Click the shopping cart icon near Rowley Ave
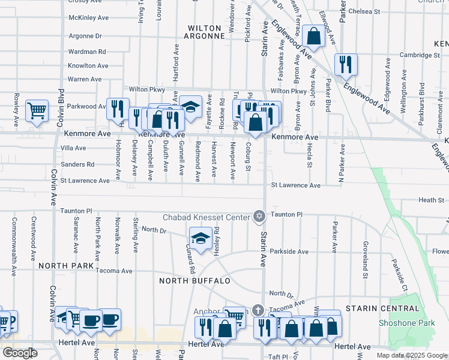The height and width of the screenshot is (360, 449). coord(37,110)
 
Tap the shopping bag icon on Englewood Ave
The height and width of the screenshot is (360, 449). coord(313,36)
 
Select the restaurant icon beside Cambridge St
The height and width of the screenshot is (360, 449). coord(346,65)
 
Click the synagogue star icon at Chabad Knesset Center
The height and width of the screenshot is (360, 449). coord(259,216)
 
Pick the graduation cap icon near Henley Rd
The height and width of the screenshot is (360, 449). coord(200,238)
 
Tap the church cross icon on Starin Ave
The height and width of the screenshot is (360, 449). coord(258,310)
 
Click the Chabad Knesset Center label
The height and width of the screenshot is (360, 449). coord(208,217)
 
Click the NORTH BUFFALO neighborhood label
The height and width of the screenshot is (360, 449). coord(194,281)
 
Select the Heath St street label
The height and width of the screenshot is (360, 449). coord(431,200)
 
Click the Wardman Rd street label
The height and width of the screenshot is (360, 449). coord(87,52)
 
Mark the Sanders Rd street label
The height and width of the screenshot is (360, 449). coord(77,164)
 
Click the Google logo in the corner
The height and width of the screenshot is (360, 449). coord(20,353)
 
